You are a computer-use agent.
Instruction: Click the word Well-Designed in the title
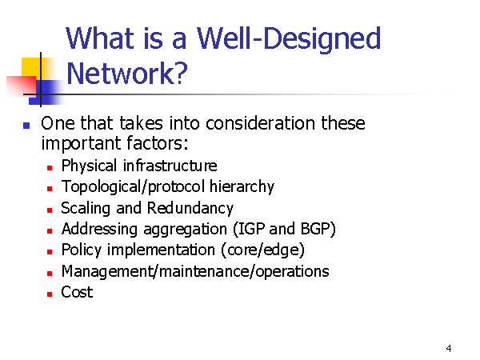click(x=289, y=39)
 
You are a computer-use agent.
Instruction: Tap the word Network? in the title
click(x=126, y=74)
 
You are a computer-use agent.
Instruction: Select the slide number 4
click(x=449, y=348)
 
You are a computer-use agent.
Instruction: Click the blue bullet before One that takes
click(x=26, y=126)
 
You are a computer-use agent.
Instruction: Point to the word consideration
click(x=260, y=123)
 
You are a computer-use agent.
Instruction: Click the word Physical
click(x=89, y=166)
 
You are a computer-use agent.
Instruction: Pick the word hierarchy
click(x=242, y=186)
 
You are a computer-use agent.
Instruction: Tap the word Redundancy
click(x=190, y=209)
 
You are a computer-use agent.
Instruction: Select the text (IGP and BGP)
click(x=284, y=229)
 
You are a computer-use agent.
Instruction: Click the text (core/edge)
click(x=262, y=250)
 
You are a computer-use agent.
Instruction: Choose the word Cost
click(x=77, y=292)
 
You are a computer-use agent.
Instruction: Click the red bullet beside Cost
click(x=50, y=294)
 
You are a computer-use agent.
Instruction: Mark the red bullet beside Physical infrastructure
click(x=50, y=168)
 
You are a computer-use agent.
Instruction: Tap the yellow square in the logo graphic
click(x=31, y=68)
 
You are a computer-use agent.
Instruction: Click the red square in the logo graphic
click(x=21, y=86)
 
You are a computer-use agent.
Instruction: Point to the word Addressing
click(x=99, y=230)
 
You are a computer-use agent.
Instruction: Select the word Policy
click(x=81, y=250)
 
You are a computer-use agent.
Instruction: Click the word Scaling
click(x=86, y=209)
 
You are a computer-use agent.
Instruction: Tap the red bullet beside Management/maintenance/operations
click(x=50, y=273)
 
